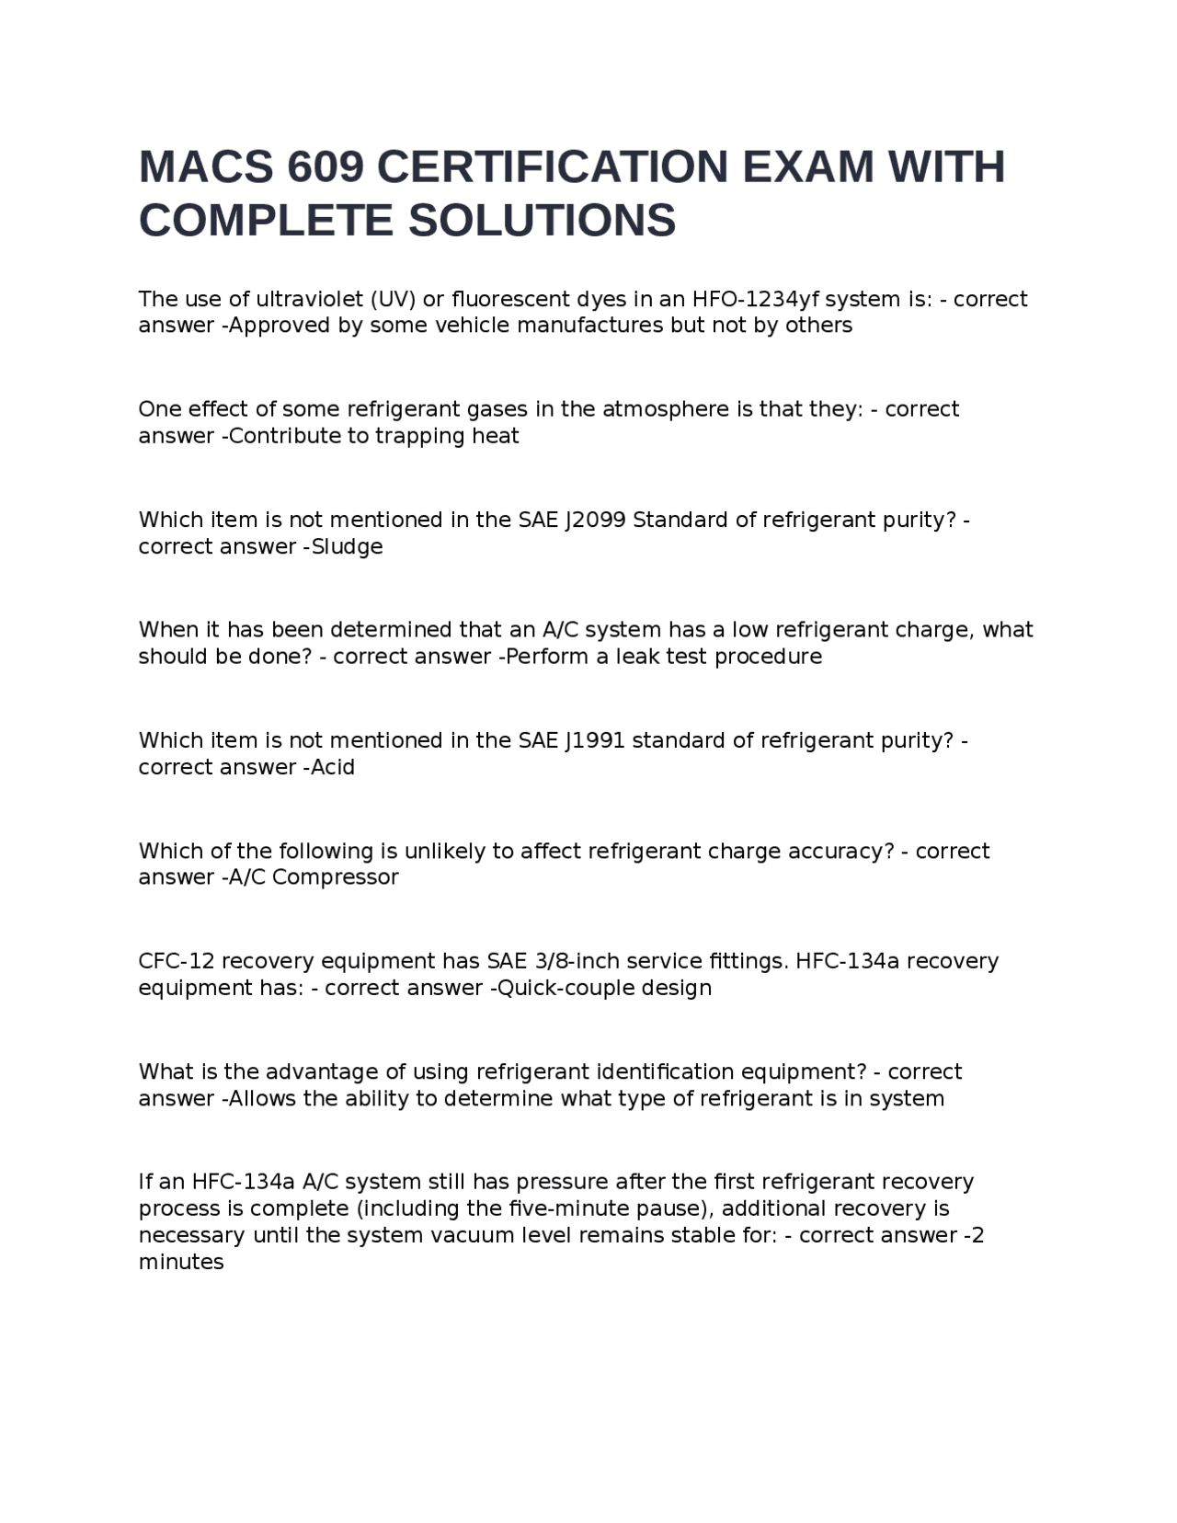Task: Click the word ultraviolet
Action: [x=310, y=299]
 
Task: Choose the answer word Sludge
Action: [x=348, y=547]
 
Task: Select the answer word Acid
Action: [x=333, y=767]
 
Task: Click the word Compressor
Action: [x=336, y=877]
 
